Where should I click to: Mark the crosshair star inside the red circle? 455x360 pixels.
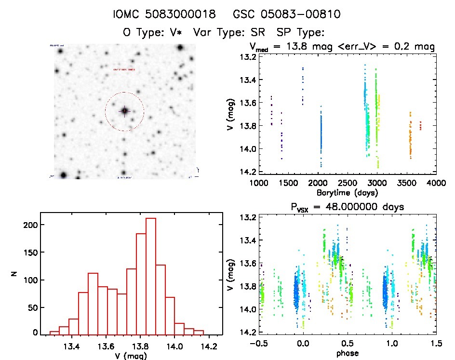click(x=124, y=111)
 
